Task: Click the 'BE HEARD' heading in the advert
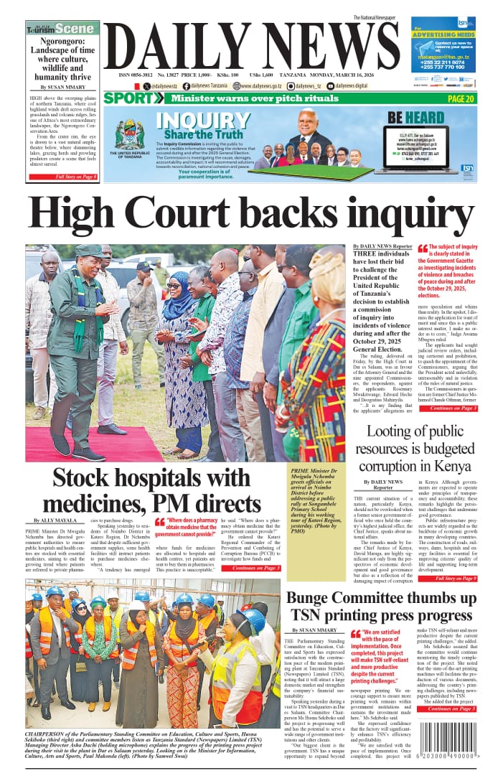tap(415, 117)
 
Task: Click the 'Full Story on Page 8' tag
tap(75, 176)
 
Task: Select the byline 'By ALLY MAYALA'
tap(56, 520)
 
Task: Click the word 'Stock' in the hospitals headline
tap(86, 479)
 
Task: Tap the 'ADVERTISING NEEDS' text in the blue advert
tap(443, 34)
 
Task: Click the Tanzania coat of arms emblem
tap(128, 134)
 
